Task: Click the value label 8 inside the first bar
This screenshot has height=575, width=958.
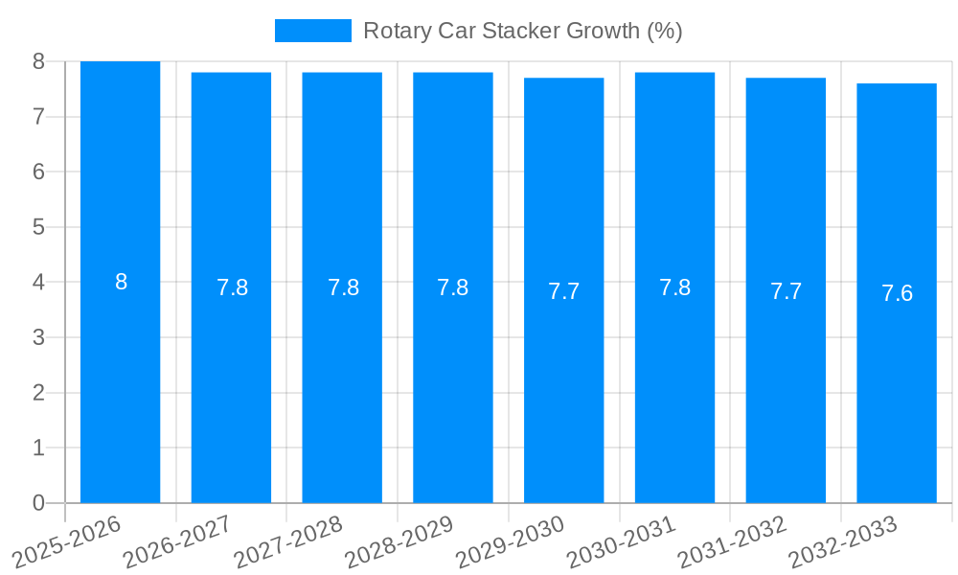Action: coord(121,282)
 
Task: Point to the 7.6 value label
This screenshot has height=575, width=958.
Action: coord(897,293)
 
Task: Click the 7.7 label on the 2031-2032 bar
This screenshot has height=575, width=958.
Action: coord(786,291)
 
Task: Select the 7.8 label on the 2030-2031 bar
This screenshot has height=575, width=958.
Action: coord(674,287)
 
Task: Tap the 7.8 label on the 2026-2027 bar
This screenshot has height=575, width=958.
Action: coord(232,287)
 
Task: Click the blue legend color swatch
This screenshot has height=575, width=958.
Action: coord(312,31)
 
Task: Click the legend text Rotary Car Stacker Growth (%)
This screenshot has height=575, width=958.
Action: coord(522,31)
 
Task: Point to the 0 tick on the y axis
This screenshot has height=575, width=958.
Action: coord(38,503)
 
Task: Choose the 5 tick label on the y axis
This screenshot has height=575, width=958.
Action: coord(38,227)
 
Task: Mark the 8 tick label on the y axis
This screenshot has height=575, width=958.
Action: coord(38,61)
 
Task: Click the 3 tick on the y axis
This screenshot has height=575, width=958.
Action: coord(38,337)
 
